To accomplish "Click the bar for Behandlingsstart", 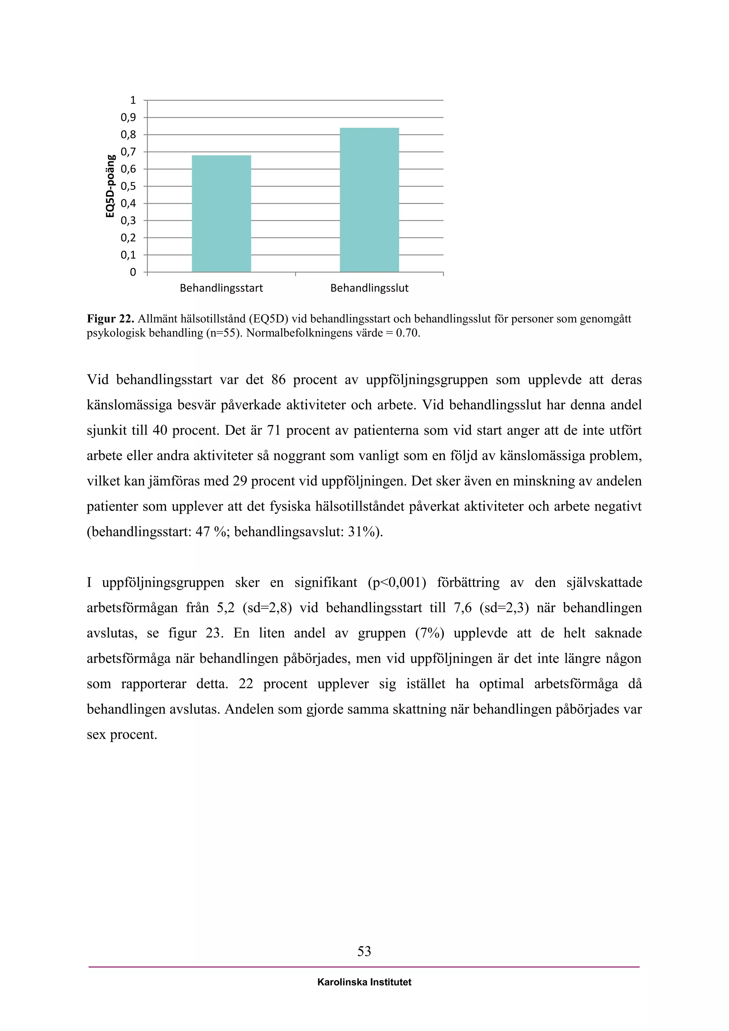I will pyautogui.click(x=221, y=213).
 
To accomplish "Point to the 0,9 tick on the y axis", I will pyautogui.click(x=128, y=117).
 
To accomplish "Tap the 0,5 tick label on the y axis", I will pyautogui.click(x=128, y=186).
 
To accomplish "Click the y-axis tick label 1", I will pyautogui.click(x=132, y=100).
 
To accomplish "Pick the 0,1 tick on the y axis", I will pyautogui.click(x=128, y=255).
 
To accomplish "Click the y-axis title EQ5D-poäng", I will pyautogui.click(x=110, y=186).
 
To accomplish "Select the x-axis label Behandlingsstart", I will pyautogui.click(x=221, y=288).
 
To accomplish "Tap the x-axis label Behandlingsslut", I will pyautogui.click(x=369, y=288).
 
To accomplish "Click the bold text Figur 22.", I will pyautogui.click(x=110, y=319).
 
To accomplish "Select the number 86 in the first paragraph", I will pyautogui.click(x=278, y=380).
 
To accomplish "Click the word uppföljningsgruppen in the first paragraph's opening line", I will pyautogui.click(x=426, y=380).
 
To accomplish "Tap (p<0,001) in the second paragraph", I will pyautogui.click(x=397, y=583).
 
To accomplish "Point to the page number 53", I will pyautogui.click(x=364, y=951).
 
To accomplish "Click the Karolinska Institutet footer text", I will pyautogui.click(x=364, y=982).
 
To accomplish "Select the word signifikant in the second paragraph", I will pyautogui.click(x=326, y=583).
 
